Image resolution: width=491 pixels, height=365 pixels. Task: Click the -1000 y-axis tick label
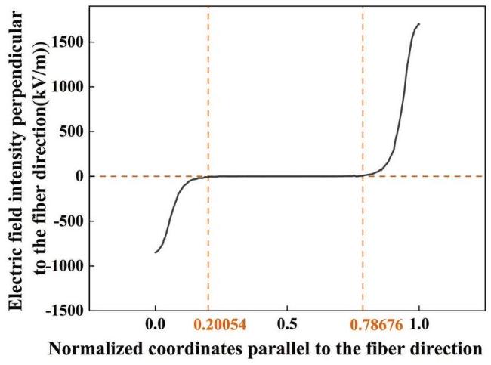[x=64, y=266]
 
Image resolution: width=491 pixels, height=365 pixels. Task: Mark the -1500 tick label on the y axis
[x=64, y=310]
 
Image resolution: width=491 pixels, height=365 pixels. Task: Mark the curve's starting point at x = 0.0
[x=155, y=252]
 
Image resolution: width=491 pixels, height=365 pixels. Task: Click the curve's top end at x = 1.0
[x=418, y=24]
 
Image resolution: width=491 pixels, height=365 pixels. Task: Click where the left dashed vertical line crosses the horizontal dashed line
[x=208, y=176]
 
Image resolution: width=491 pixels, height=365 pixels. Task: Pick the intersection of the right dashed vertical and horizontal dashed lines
[x=363, y=176]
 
